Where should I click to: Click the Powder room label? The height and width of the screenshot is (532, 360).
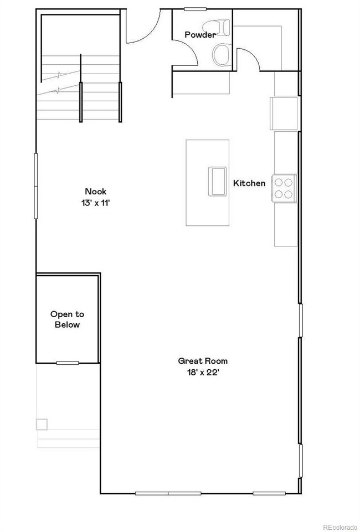(x=200, y=35)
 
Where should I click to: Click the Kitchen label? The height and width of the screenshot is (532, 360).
(x=249, y=183)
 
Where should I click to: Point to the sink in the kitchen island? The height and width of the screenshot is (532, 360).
(x=217, y=180)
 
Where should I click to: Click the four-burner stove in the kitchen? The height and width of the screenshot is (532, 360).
(x=284, y=187)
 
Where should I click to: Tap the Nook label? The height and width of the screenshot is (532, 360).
(x=95, y=192)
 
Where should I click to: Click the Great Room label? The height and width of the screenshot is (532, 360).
(x=202, y=361)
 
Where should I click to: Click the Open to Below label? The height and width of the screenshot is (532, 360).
(x=67, y=319)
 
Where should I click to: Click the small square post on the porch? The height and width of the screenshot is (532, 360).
(x=42, y=425)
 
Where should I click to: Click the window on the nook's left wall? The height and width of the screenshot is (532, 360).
(x=37, y=186)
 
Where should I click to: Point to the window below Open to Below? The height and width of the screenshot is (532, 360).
(x=67, y=363)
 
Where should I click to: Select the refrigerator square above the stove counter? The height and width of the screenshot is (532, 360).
(x=285, y=113)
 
